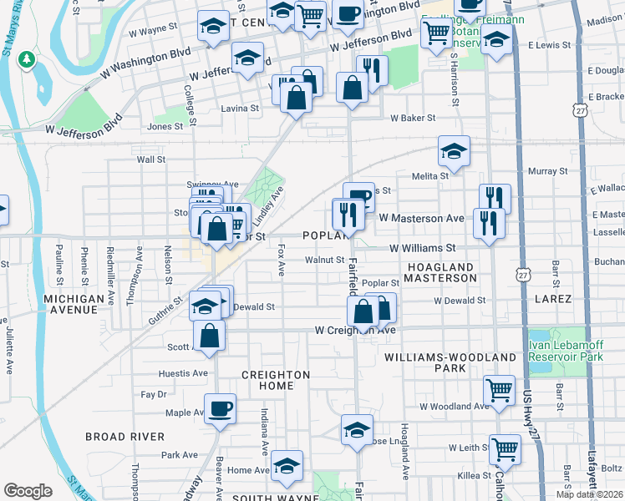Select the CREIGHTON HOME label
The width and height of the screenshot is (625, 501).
point(276,380)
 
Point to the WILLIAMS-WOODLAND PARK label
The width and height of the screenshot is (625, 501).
point(450,362)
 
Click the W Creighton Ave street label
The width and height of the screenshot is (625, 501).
point(354,331)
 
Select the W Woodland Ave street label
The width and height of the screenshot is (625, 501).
point(454,406)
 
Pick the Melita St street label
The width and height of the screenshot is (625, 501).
point(430,175)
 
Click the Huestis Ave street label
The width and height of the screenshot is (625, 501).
point(187,373)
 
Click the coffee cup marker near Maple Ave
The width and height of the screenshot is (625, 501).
point(220,409)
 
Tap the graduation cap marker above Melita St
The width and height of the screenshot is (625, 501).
point(454,151)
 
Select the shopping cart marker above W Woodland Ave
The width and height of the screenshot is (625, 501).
point(499,390)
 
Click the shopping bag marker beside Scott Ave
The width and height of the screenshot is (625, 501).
point(209,337)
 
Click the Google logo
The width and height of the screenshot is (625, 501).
point(28,490)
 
